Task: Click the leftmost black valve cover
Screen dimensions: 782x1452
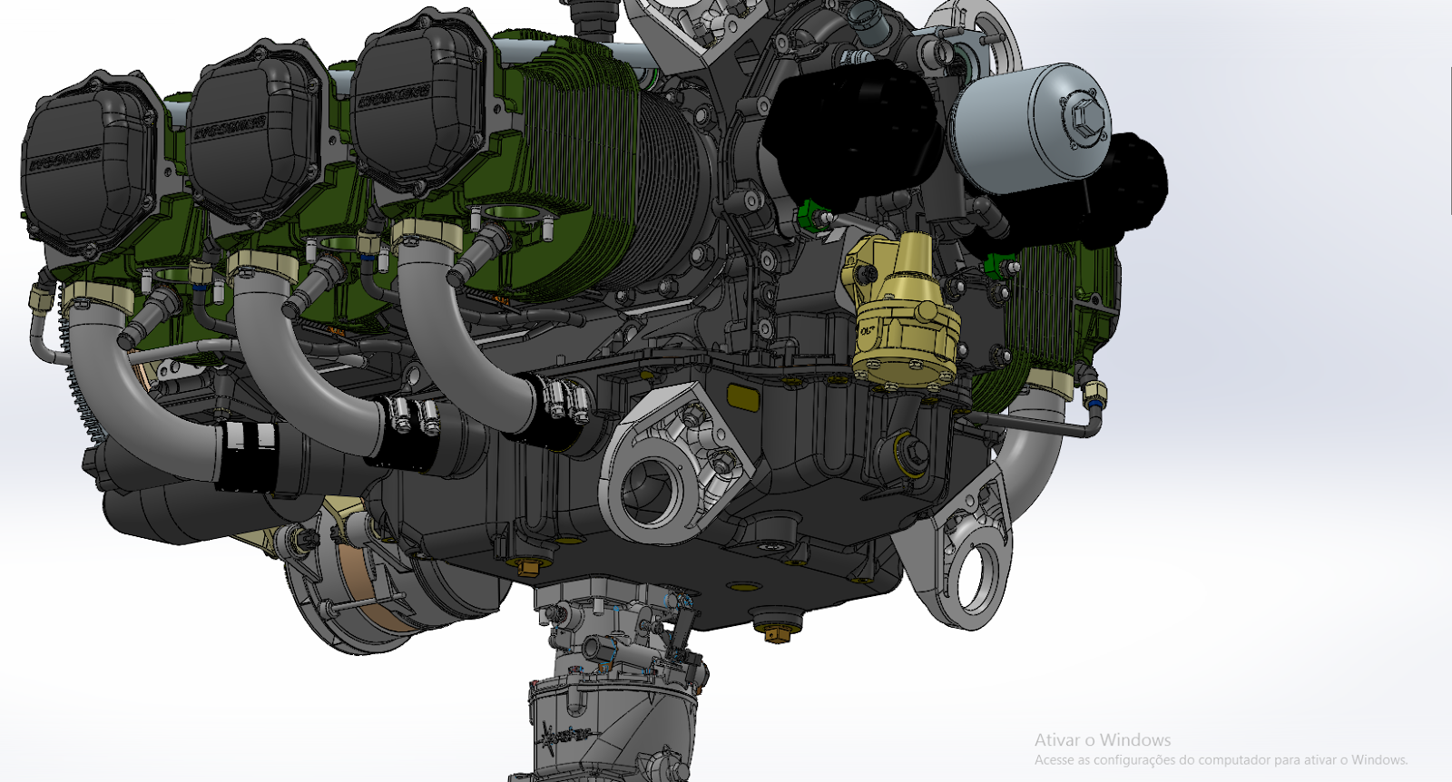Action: [x=86, y=172]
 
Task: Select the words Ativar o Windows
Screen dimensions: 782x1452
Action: [x=1102, y=740]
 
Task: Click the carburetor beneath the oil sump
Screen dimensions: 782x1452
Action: [x=617, y=653]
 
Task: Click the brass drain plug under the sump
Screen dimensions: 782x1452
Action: [x=774, y=632]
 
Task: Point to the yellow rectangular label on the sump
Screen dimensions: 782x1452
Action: [x=744, y=396]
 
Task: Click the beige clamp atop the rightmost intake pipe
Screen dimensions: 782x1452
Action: [x=427, y=233]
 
